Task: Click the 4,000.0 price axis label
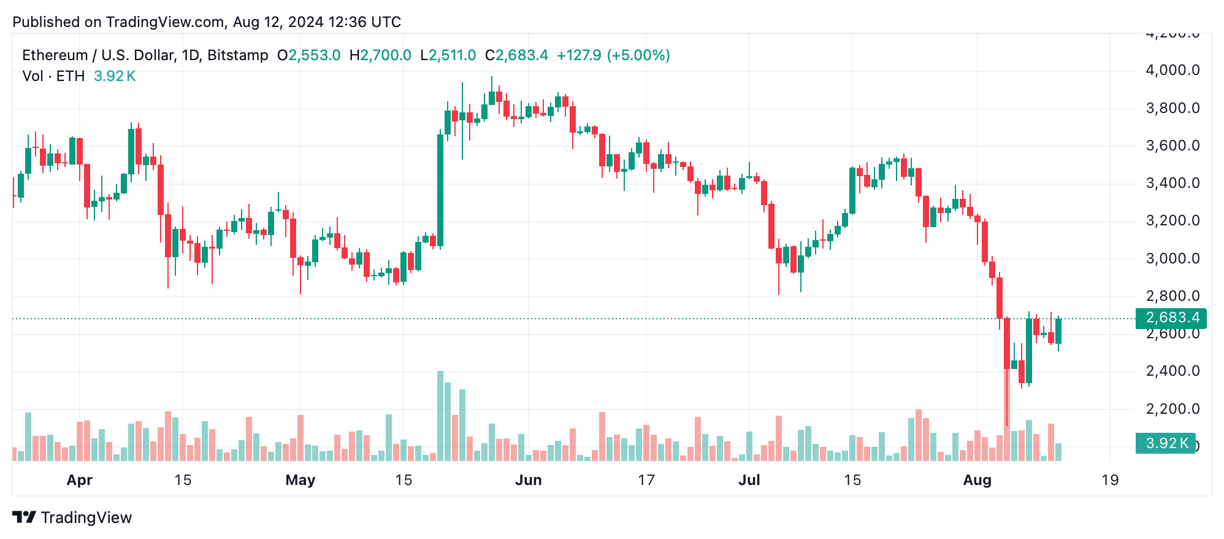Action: pos(1172,70)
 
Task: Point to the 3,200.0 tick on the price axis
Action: pos(1172,220)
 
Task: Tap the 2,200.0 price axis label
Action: pos(1172,409)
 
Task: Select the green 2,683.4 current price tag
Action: pos(1171,318)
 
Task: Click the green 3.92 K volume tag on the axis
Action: pos(1165,443)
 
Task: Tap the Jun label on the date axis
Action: pos(528,480)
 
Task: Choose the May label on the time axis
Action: pos(300,480)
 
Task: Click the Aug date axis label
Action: pos(977,480)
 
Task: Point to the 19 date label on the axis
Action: pos(1109,480)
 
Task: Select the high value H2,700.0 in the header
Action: pos(380,55)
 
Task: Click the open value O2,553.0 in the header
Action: pos(308,55)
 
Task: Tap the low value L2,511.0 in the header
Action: pos(448,55)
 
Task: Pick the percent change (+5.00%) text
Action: pos(638,55)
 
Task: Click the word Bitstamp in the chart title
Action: pos(237,55)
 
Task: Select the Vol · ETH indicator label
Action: pos(53,76)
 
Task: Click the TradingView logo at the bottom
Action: pos(72,518)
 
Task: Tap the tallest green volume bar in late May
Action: pos(440,415)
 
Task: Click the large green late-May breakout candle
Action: pos(440,190)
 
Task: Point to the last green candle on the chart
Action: pos(1058,332)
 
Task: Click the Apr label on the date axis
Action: pos(79,480)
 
